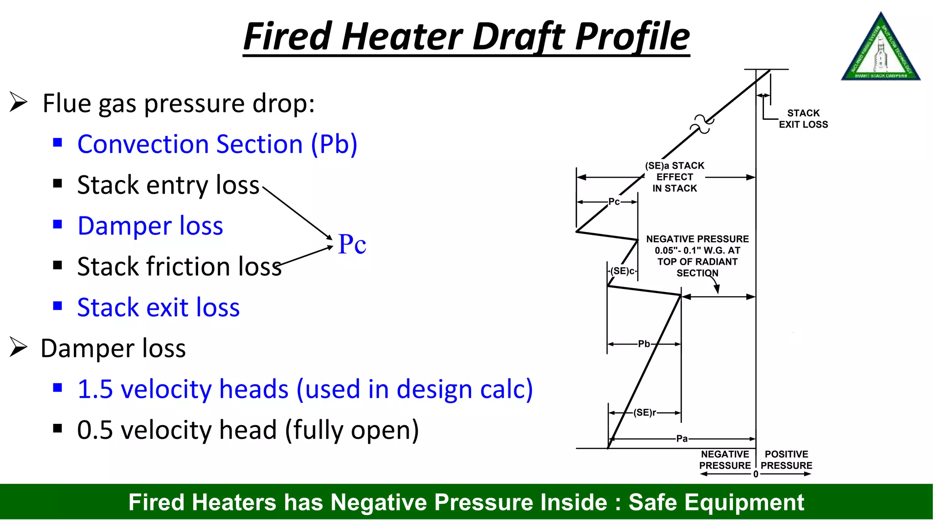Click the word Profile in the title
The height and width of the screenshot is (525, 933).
point(632,36)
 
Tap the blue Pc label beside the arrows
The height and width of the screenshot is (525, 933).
point(352,244)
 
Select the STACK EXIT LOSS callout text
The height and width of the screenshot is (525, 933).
point(803,118)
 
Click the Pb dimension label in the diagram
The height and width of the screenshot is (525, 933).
point(644,344)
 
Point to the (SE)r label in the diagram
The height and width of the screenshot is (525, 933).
point(645,412)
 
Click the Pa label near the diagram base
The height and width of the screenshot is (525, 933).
point(682,438)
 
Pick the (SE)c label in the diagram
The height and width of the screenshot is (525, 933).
point(622,271)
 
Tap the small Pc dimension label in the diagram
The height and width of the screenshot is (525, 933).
point(614,201)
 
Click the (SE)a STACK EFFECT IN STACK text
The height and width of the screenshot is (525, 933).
point(675,177)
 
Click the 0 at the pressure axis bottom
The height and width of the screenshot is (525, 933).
point(756,474)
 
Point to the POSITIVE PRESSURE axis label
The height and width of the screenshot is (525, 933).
point(786,460)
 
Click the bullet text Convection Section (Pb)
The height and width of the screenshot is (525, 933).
point(217,144)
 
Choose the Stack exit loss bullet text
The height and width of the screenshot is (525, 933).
point(158,307)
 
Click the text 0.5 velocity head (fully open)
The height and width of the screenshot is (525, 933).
point(248,430)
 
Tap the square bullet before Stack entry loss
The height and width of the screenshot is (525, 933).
point(57,184)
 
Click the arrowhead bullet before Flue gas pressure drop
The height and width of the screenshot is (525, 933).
point(19,102)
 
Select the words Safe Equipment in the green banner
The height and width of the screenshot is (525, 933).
point(716,502)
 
